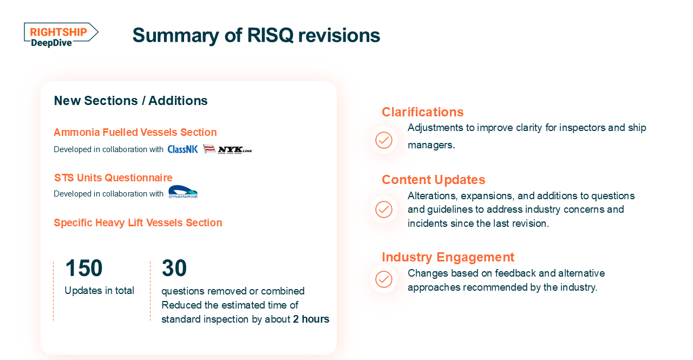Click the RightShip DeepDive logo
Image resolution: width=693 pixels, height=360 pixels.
[x=61, y=35]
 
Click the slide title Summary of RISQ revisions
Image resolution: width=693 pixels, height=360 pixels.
[x=256, y=35]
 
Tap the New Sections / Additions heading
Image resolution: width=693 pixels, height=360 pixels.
[x=130, y=101]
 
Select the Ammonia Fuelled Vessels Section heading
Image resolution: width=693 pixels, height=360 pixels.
[x=135, y=132]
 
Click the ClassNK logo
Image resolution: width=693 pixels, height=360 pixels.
[x=182, y=149]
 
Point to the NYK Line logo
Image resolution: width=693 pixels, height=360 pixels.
[x=227, y=149]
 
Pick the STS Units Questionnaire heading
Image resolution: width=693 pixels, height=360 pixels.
[x=113, y=178]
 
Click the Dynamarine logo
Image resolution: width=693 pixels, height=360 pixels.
[x=183, y=192]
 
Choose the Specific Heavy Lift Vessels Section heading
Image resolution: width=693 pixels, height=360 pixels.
[x=138, y=222]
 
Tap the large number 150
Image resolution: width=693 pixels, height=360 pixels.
[x=83, y=268]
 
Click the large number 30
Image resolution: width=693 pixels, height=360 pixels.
[x=174, y=268]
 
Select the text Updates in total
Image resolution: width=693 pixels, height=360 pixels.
[x=99, y=291]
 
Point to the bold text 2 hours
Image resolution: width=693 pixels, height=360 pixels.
[x=311, y=319]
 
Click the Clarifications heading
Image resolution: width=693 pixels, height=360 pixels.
[x=422, y=112]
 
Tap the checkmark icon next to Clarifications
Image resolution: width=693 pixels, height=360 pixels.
[x=384, y=140]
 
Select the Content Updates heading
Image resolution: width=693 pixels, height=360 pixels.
[x=433, y=180]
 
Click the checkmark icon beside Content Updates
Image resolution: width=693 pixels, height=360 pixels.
[x=384, y=209]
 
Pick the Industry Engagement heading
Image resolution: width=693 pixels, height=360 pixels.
[x=448, y=257]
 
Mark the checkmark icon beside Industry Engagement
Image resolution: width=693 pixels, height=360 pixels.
[x=384, y=279]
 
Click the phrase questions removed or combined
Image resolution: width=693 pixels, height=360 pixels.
[x=233, y=291]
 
